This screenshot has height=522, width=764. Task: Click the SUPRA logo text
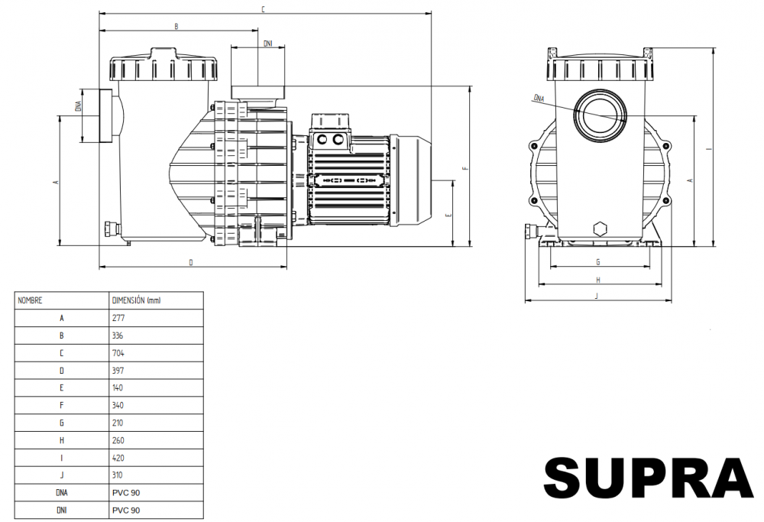649,478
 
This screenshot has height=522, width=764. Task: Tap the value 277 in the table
118,318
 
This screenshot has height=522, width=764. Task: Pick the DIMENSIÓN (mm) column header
137,300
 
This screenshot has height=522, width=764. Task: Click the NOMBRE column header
31,300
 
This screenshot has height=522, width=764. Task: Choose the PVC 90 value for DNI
126,510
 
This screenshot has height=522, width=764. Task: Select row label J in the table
61,475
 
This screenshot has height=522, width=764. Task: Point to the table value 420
118,458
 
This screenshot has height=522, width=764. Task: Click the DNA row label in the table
61,492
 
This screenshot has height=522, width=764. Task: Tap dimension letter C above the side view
263,9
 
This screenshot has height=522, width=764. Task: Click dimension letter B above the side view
176,26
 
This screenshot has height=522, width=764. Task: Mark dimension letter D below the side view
191,263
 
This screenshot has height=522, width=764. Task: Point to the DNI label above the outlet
267,44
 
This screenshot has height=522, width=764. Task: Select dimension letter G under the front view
598,262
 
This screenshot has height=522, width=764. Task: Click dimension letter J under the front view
597,296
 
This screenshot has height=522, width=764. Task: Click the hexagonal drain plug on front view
600,229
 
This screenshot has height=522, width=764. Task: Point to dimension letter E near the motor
448,214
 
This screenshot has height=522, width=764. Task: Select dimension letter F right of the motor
466,168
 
